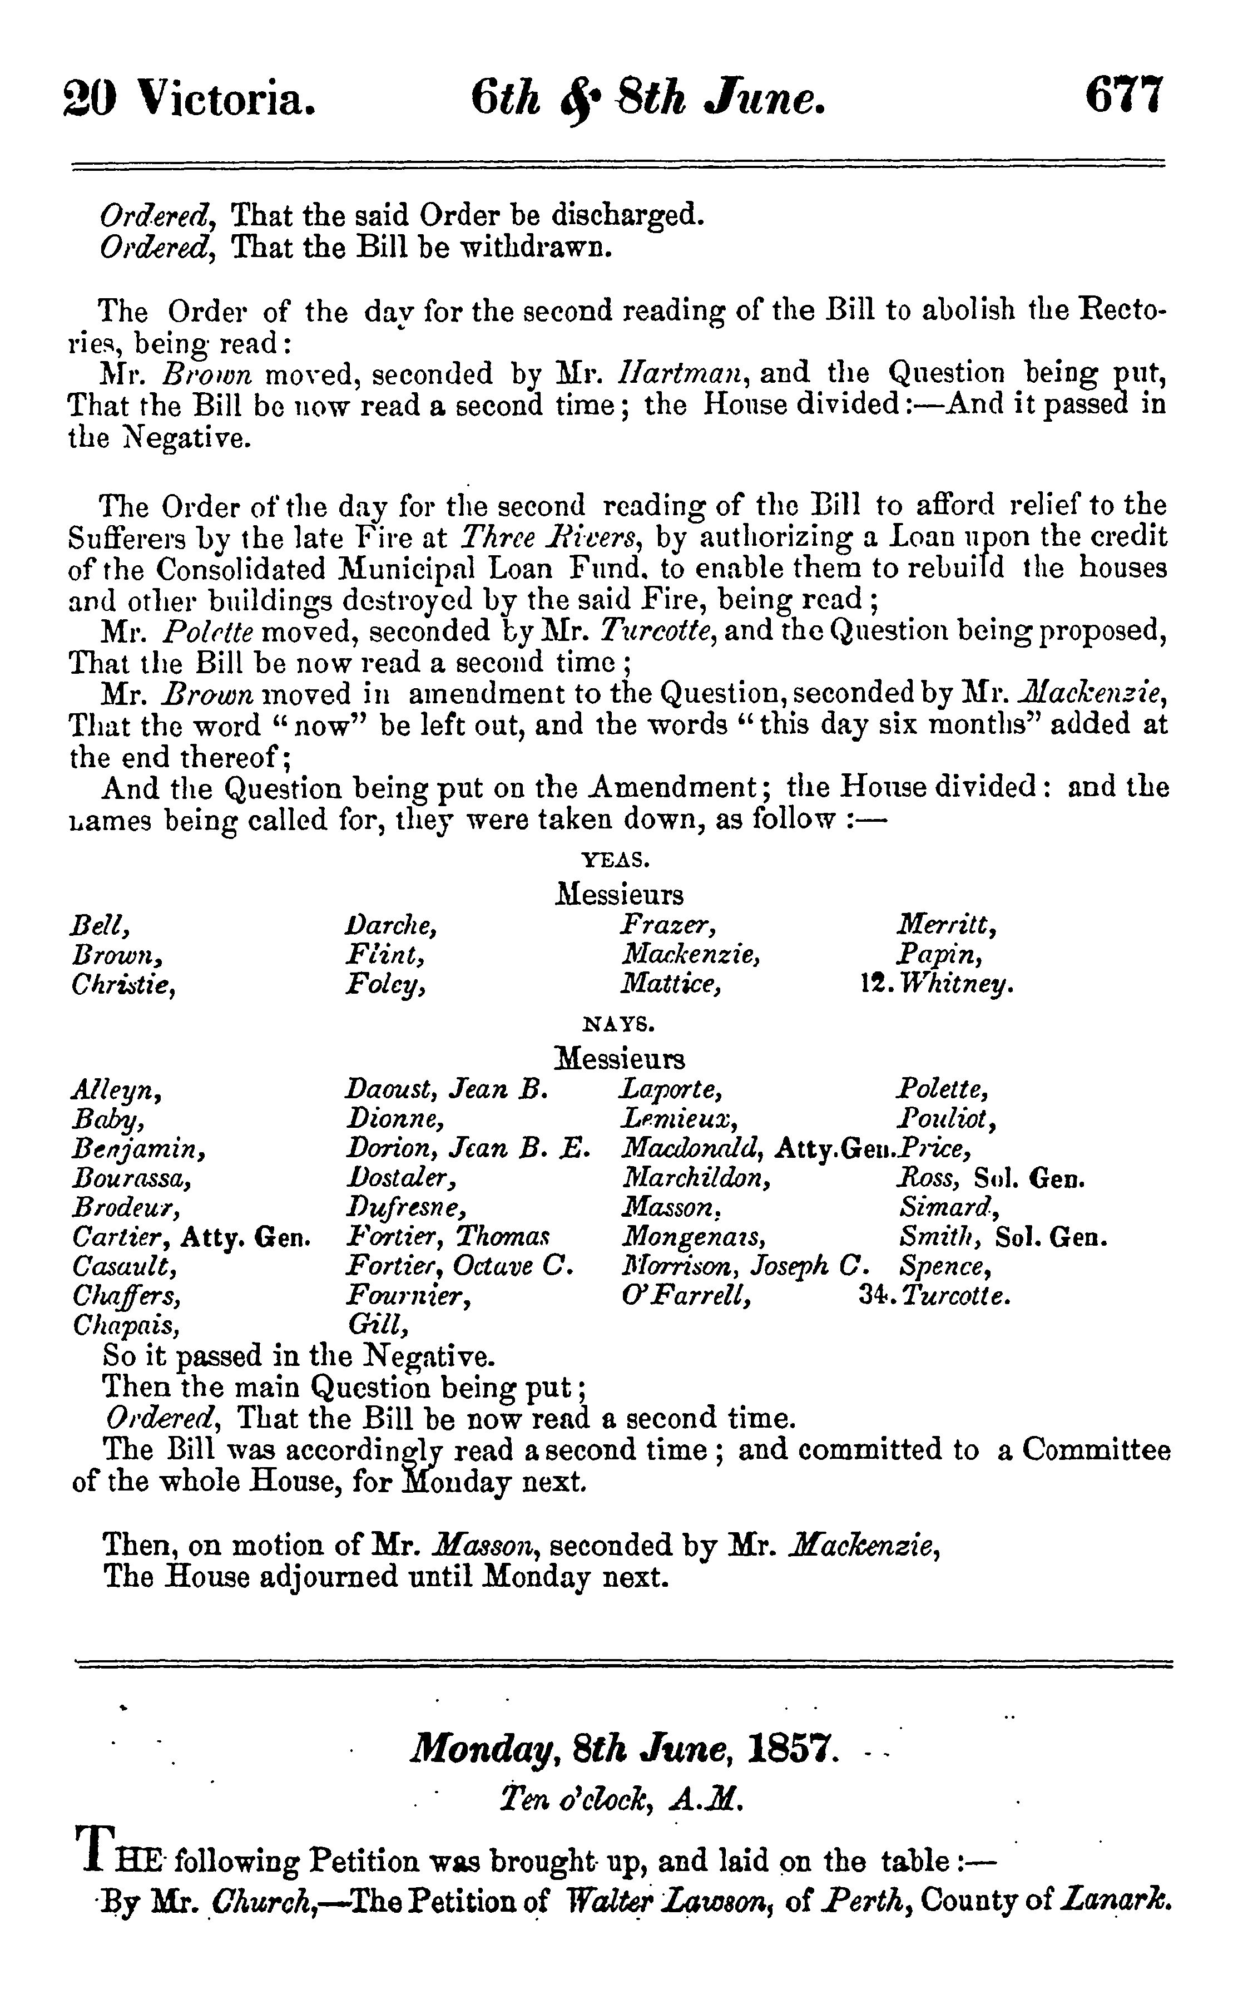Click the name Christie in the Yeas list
pyautogui.click(x=125, y=985)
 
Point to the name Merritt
pyautogui.click(x=945, y=926)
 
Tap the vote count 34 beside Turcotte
pyautogui.click(x=875, y=1297)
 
